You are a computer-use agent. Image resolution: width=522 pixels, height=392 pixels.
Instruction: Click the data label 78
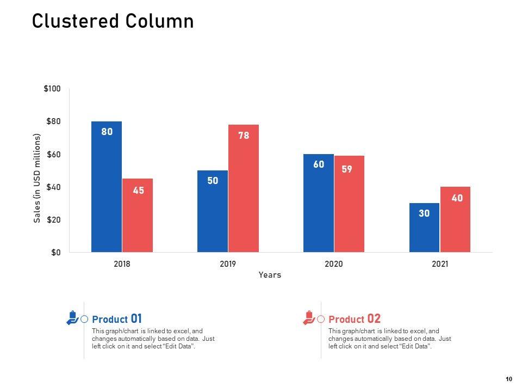click(244, 136)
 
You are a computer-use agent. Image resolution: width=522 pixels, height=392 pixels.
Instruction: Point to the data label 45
click(139, 191)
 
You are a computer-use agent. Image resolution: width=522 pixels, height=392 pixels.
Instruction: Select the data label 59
click(347, 169)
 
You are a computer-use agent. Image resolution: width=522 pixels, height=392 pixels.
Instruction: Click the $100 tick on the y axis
click(52, 89)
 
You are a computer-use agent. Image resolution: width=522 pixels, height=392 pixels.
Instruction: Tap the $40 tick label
click(53, 187)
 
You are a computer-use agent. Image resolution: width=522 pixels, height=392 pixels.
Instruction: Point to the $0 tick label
click(55, 253)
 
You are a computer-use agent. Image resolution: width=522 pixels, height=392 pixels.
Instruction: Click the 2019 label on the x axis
click(228, 264)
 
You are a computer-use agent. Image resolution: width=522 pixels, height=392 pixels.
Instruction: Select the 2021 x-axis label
click(440, 264)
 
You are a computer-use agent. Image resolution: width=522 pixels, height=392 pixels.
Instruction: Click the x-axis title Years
click(270, 275)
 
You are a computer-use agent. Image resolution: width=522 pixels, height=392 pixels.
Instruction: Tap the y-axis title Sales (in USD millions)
click(38, 178)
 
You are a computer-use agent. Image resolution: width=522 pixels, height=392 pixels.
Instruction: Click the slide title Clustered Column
click(113, 21)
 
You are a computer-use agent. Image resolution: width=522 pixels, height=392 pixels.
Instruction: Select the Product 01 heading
click(117, 319)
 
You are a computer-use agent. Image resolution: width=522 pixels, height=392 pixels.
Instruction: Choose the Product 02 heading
click(355, 319)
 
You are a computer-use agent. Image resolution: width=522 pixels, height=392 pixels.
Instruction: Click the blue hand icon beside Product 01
click(72, 317)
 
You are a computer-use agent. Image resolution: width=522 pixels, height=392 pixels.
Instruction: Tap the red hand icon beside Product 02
click(309, 317)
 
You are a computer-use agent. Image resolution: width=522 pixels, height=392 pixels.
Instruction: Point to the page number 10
click(509, 379)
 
